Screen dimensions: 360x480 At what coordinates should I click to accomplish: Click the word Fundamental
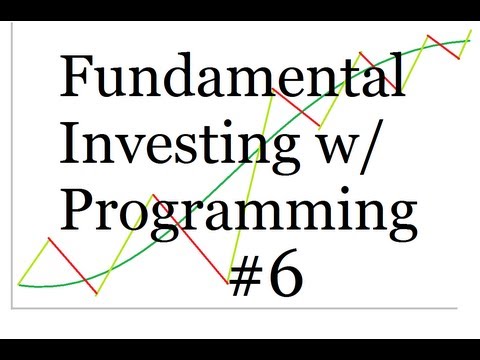pos(232,77)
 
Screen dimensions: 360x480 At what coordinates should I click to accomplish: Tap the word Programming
pos(238,212)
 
